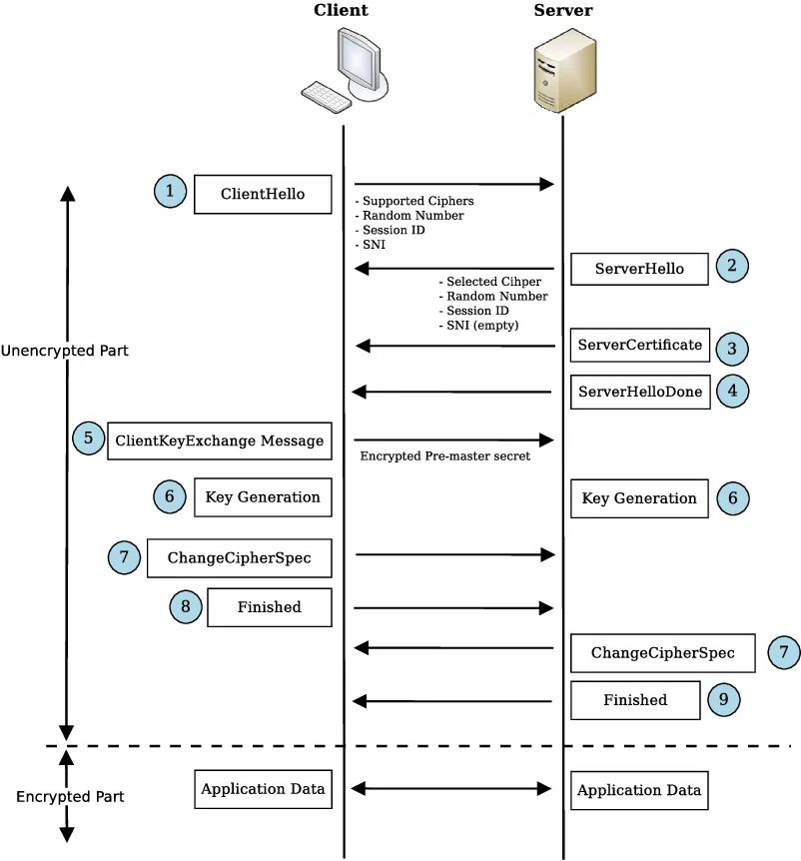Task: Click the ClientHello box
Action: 263,194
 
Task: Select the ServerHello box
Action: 639,269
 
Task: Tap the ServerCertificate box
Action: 639,346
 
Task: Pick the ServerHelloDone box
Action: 639,393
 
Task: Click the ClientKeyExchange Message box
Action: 219,439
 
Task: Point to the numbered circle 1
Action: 171,191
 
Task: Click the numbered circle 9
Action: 724,699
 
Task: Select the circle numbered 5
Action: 88,437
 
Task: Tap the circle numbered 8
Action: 185,605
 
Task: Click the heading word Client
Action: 341,11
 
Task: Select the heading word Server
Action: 562,11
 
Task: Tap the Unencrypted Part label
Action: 64,352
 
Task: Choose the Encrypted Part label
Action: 70,797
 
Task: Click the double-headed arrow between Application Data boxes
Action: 451,789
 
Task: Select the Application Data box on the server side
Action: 639,790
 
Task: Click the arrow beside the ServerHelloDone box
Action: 453,392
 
